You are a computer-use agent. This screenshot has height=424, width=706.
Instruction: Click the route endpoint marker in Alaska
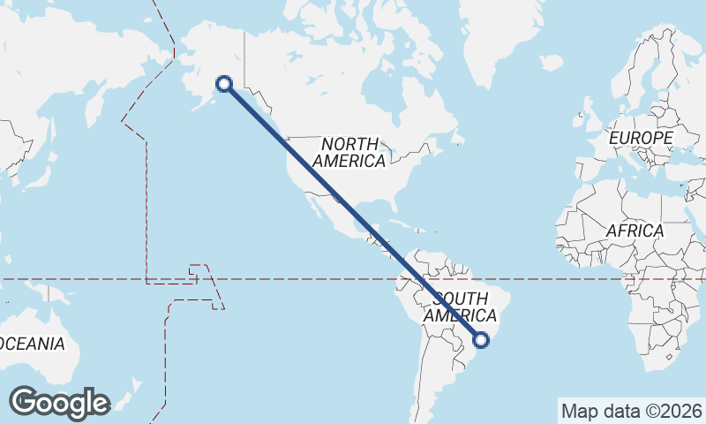coord(224,84)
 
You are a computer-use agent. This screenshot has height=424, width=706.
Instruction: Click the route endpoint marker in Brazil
coord(482,338)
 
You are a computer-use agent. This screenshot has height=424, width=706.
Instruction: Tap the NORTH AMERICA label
coord(349,152)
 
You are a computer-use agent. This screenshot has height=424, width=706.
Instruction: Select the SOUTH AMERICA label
coord(460,307)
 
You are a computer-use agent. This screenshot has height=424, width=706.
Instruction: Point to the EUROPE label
coord(641,139)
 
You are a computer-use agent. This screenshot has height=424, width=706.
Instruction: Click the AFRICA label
coord(635,231)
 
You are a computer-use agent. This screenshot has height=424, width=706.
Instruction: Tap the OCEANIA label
coord(31,344)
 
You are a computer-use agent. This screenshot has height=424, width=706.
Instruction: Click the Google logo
coord(60,402)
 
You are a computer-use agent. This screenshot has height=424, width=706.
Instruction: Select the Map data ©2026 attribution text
coord(632,411)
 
